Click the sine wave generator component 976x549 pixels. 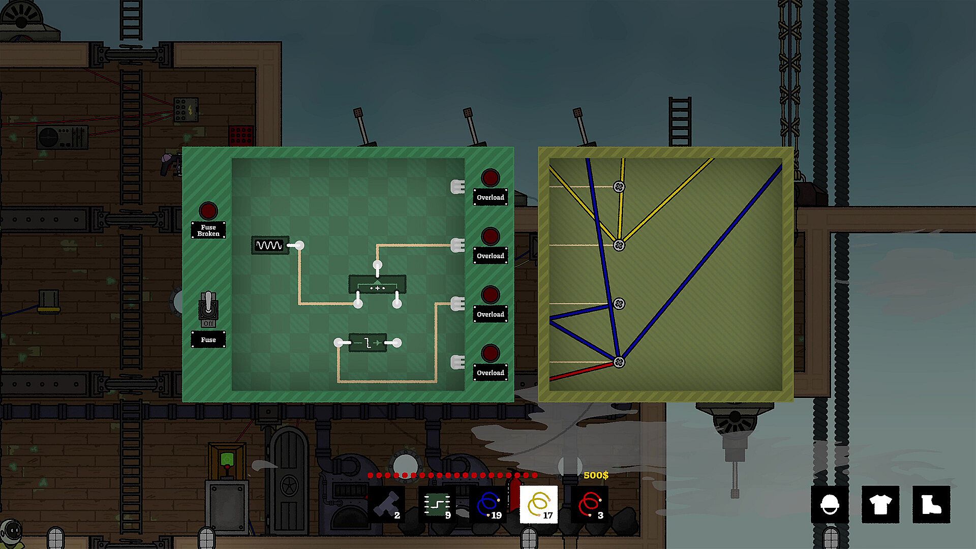coord(270,246)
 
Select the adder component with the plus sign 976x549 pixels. coord(377,285)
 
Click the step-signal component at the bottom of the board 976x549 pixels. coord(368,343)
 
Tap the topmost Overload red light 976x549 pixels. coord(491,178)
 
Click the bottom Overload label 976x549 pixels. coord(491,373)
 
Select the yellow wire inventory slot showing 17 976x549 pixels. coord(539,504)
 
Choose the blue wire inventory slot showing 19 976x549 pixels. coord(488,504)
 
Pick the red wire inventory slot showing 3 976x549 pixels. coord(590,504)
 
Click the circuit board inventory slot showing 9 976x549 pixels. coord(437,504)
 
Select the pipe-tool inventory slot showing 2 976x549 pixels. coord(386,504)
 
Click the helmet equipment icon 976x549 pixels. coord(830,504)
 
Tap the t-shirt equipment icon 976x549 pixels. coord(880,504)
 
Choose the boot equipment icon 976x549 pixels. coord(931,504)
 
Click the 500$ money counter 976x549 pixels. coord(596,475)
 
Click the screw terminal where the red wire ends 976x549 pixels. coord(619,362)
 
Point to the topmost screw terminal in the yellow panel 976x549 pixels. coord(619,187)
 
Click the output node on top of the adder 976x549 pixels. coord(377,265)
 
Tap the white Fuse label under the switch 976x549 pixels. coord(208,340)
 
